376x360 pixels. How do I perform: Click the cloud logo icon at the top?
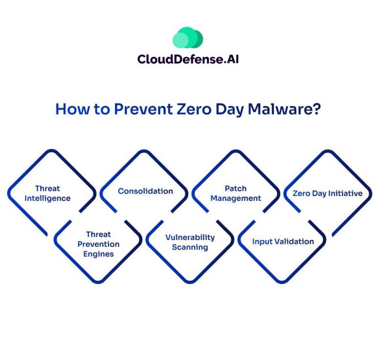(188, 38)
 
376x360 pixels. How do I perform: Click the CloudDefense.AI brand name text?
(188, 59)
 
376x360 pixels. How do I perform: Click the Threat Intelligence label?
(47, 193)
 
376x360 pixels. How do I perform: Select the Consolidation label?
(145, 191)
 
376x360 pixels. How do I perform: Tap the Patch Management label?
(236, 193)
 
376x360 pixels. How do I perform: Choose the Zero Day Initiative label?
(328, 193)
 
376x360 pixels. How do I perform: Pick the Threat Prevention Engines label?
(98, 244)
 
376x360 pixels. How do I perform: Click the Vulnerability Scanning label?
(190, 242)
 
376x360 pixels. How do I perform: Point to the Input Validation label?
(283, 241)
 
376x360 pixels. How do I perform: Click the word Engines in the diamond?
(98, 254)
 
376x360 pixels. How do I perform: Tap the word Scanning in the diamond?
(190, 247)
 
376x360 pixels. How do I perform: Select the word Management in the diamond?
(236, 199)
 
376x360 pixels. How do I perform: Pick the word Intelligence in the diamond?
(47, 199)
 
